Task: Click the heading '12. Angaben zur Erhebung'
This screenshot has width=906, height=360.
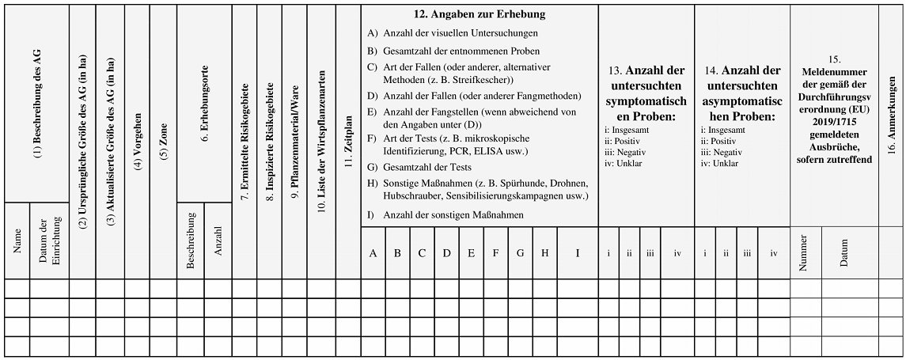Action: point(480,14)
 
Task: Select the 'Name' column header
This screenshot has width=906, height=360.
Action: point(17,241)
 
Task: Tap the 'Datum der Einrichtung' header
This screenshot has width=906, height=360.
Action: point(50,241)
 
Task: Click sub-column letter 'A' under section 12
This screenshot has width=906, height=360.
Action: point(373,253)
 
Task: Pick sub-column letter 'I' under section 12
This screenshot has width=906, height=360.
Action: point(578,253)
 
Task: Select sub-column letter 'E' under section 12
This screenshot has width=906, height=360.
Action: point(471,253)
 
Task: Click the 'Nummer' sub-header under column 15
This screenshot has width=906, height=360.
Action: point(805,253)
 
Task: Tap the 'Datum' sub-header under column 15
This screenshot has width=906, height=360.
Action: point(849,253)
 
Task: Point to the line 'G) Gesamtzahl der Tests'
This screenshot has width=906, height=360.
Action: point(419,167)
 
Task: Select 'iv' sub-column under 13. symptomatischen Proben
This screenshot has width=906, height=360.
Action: point(677,253)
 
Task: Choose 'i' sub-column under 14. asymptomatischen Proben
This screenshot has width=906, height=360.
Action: point(705,253)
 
